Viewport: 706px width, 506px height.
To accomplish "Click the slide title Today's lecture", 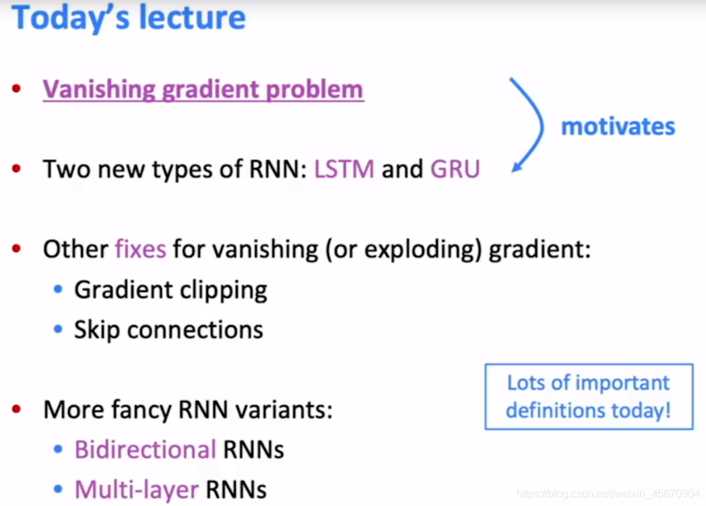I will (129, 18).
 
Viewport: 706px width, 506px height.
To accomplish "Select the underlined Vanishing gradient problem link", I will (203, 89).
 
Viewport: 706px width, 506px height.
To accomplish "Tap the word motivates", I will (618, 126).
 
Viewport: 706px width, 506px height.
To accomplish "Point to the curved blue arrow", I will (531, 124).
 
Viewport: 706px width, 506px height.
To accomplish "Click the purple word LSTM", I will (344, 169).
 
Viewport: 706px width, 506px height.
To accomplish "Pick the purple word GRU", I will (455, 169).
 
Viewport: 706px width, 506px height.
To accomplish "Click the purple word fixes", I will (140, 250).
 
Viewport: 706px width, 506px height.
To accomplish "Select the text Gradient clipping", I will (170, 290).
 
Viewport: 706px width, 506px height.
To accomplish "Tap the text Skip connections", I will (168, 330).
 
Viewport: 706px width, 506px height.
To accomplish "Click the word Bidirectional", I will (145, 449).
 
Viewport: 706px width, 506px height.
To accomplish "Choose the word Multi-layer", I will (137, 489).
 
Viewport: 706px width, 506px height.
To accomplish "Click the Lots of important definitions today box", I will (588, 396).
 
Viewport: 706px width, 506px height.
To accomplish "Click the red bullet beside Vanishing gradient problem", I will (17, 89).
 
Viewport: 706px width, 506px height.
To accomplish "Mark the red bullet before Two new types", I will (17, 169).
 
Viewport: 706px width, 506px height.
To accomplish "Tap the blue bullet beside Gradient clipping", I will (59, 290).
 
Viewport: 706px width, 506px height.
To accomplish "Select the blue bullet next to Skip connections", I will (59, 330).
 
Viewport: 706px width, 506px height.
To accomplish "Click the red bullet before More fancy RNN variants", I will (17, 409).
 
